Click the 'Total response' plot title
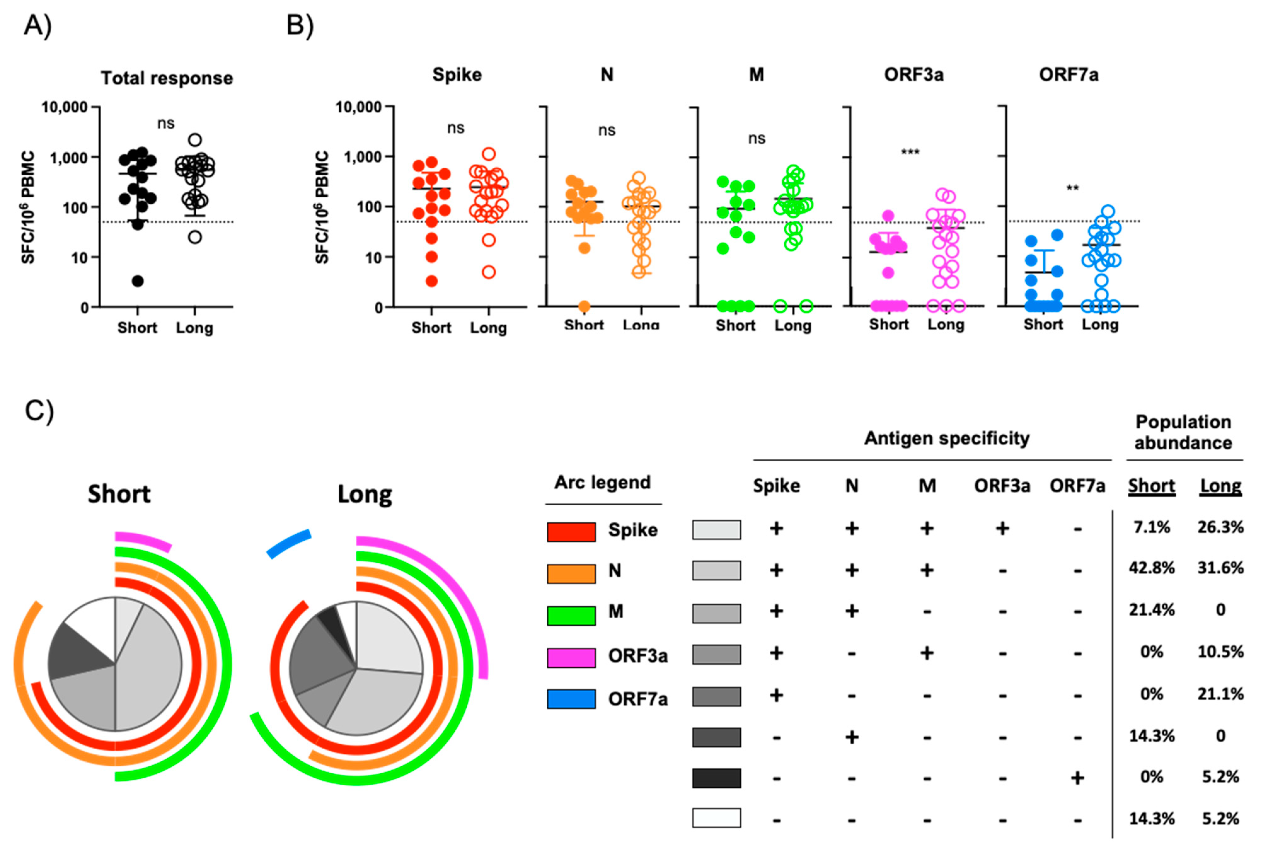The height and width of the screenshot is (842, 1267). (167, 78)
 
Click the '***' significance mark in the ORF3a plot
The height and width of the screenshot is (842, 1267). (910, 152)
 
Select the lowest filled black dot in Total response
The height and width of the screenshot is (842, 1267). (138, 281)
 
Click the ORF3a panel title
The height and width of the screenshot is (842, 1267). (913, 75)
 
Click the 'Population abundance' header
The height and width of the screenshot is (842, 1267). (1183, 432)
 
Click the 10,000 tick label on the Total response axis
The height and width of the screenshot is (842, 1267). (64, 107)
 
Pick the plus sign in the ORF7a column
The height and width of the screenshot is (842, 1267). (1077, 778)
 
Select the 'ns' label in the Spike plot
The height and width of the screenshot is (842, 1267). (456, 128)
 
